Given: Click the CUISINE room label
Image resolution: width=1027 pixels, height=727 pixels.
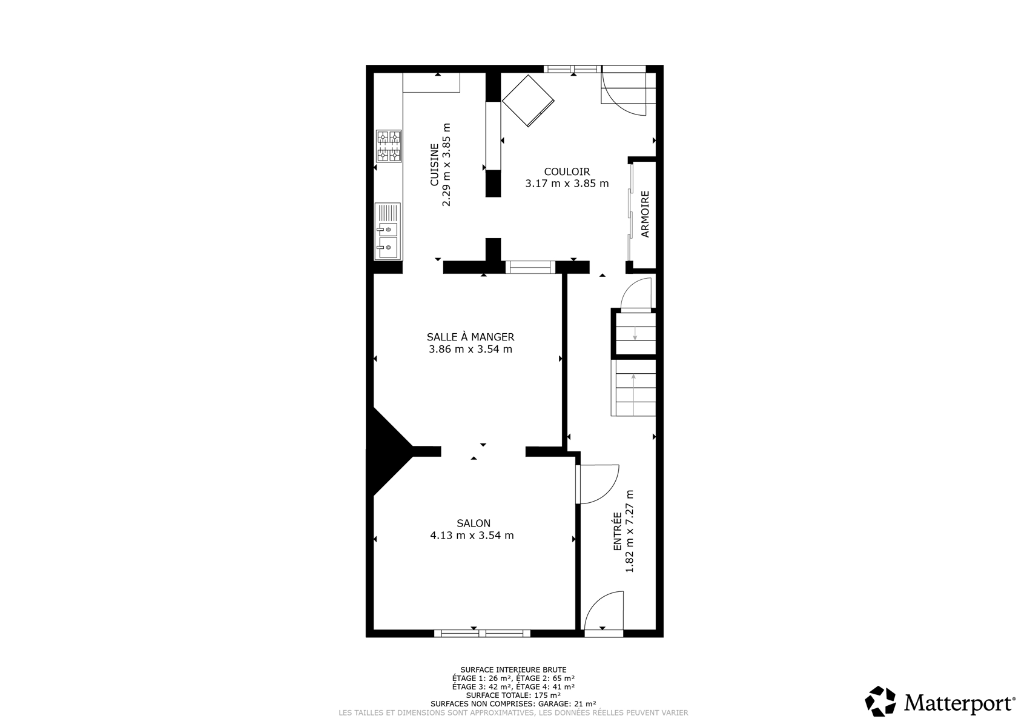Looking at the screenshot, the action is [434, 165].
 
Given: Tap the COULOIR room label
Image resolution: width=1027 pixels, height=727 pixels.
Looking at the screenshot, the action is [567, 171].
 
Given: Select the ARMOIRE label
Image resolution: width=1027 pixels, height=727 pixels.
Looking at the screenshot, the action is [645, 214].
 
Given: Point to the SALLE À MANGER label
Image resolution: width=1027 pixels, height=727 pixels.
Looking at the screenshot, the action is [471, 337].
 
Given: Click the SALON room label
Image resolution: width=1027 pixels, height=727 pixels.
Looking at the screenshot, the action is [473, 523].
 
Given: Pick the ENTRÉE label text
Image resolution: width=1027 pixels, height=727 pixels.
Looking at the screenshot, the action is [618, 531].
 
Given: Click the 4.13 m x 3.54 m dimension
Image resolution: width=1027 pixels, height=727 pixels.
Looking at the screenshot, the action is [472, 536].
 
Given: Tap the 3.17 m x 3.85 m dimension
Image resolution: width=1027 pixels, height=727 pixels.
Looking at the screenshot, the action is [567, 184].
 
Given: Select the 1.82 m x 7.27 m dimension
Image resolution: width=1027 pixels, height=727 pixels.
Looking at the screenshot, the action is [630, 531].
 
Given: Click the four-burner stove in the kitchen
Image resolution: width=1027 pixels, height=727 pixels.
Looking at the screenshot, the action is [389, 146].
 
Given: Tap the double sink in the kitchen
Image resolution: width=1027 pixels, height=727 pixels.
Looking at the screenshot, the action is [388, 231].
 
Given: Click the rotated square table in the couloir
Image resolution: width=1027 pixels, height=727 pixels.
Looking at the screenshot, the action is [528, 101].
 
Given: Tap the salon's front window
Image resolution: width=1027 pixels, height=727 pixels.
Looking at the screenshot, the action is [482, 634].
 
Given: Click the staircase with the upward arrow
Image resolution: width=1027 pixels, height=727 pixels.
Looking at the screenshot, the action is [633, 387].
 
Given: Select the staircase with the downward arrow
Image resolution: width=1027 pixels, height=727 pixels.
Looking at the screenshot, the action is [635, 333].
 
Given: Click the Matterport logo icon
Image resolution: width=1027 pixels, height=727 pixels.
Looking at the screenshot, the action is [880, 702].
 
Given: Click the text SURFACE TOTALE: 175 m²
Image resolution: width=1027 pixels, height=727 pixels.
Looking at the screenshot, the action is [513, 695].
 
